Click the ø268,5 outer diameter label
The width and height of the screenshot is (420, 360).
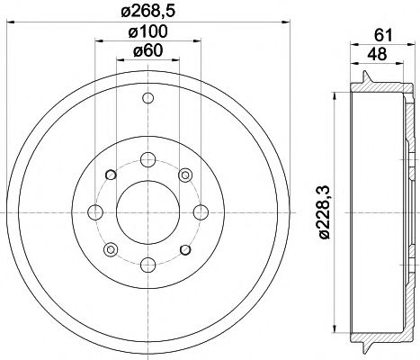(146, 11)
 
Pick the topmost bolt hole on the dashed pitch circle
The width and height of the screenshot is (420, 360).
(146, 160)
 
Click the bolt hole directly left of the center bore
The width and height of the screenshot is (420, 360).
(94, 212)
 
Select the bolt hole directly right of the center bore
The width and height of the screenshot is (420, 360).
(198, 212)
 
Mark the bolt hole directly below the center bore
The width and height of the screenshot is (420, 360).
(146, 265)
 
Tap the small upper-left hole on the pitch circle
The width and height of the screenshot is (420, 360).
(109, 175)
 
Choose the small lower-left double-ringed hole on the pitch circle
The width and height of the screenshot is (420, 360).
(110, 249)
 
